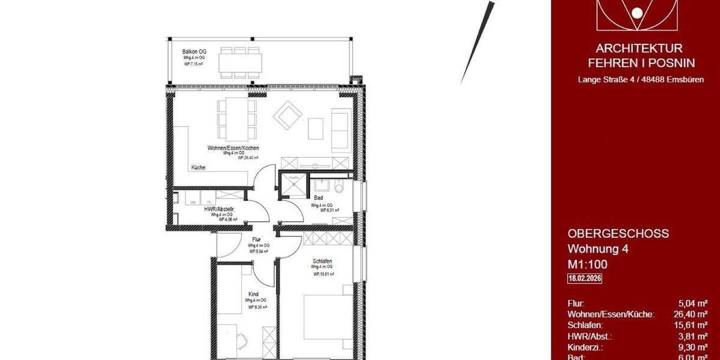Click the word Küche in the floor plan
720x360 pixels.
[x=198, y=167]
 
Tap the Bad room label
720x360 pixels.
[x=319, y=198]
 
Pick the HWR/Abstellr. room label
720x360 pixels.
[x=218, y=209]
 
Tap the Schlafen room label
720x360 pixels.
[x=322, y=261]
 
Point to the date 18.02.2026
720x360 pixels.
[x=585, y=278]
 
